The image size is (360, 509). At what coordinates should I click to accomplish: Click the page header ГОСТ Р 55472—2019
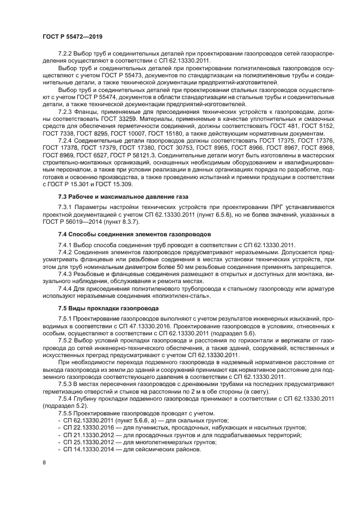click(x=72, y=36)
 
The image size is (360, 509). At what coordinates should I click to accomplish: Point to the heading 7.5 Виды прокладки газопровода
click(x=101, y=308)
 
